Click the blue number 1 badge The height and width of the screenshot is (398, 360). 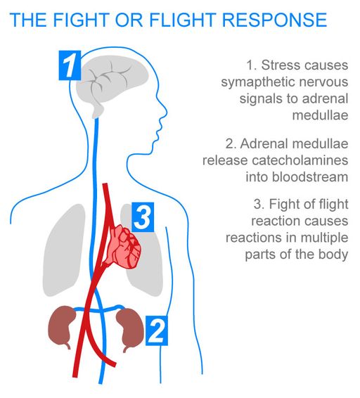70,65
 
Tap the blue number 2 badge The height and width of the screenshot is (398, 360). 157,330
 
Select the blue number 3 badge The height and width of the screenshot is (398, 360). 143,217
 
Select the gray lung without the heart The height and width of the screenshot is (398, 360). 64,250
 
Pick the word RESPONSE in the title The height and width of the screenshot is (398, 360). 274,20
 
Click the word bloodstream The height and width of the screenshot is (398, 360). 310,177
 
